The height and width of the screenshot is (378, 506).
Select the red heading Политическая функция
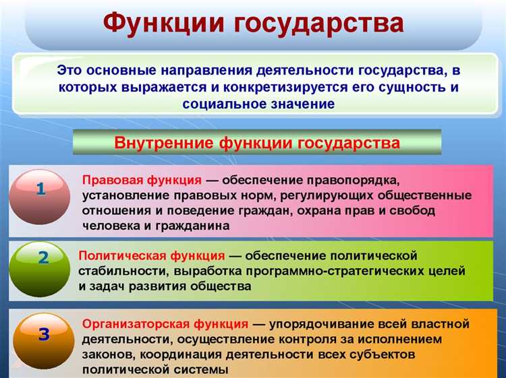point(152,255)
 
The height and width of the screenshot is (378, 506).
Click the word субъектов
point(380,354)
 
